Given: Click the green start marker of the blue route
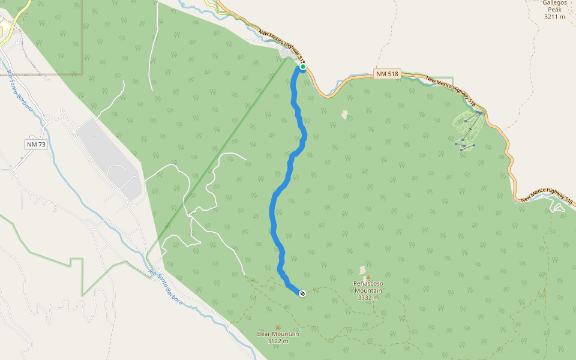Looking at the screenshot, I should (x=303, y=67).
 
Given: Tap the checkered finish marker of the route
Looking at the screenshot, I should (x=302, y=293).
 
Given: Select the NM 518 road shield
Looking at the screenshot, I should (x=386, y=73).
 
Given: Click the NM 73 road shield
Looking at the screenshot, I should (x=36, y=145).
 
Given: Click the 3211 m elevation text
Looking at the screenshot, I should (x=554, y=17).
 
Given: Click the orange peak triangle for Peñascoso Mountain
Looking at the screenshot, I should (x=368, y=277).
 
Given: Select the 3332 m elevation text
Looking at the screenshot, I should (x=368, y=298).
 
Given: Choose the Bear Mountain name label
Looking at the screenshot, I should (x=278, y=334).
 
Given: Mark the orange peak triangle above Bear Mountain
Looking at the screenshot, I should (x=277, y=327).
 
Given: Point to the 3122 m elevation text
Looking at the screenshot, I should (x=278, y=341).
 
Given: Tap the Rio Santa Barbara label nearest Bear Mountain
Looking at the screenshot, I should (x=166, y=287).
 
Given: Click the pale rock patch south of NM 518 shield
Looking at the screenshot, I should (x=344, y=114).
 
